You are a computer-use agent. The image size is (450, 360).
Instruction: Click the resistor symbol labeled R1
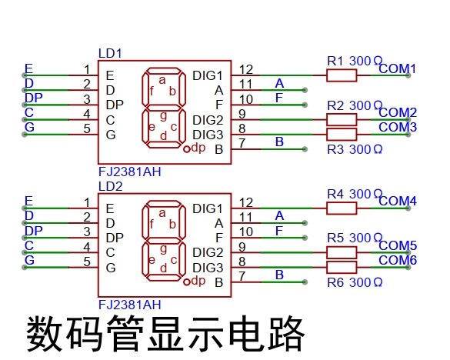click(x=342, y=75)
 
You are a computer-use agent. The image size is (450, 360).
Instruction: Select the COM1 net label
click(x=397, y=69)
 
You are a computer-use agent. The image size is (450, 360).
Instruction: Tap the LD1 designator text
click(x=110, y=53)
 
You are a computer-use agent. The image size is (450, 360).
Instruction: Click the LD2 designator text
click(x=111, y=187)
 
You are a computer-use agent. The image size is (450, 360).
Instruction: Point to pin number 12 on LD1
click(x=246, y=69)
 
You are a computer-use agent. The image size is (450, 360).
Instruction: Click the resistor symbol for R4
click(x=342, y=208)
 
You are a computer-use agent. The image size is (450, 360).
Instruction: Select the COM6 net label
click(x=398, y=260)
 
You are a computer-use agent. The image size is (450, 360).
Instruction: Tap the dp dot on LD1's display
click(x=187, y=149)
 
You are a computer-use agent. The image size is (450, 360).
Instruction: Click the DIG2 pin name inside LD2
click(x=208, y=252)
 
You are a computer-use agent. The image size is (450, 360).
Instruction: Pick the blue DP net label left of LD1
click(x=34, y=98)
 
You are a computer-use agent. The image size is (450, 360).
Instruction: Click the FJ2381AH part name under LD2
click(x=130, y=305)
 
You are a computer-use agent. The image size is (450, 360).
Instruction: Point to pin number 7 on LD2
click(x=242, y=276)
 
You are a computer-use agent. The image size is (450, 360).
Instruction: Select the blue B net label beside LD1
click(x=279, y=142)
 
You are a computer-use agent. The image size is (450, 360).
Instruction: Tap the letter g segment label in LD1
click(x=163, y=116)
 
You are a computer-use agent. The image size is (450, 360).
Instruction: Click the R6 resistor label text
click(x=335, y=282)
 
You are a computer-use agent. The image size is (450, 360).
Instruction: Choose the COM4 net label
click(x=398, y=202)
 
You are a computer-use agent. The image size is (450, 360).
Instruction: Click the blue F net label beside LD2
click(x=279, y=231)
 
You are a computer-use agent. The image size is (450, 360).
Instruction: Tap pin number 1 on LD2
click(x=87, y=202)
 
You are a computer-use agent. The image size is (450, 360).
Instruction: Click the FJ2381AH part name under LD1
click(x=130, y=172)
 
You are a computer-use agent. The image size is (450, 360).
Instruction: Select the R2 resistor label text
click(x=335, y=105)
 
